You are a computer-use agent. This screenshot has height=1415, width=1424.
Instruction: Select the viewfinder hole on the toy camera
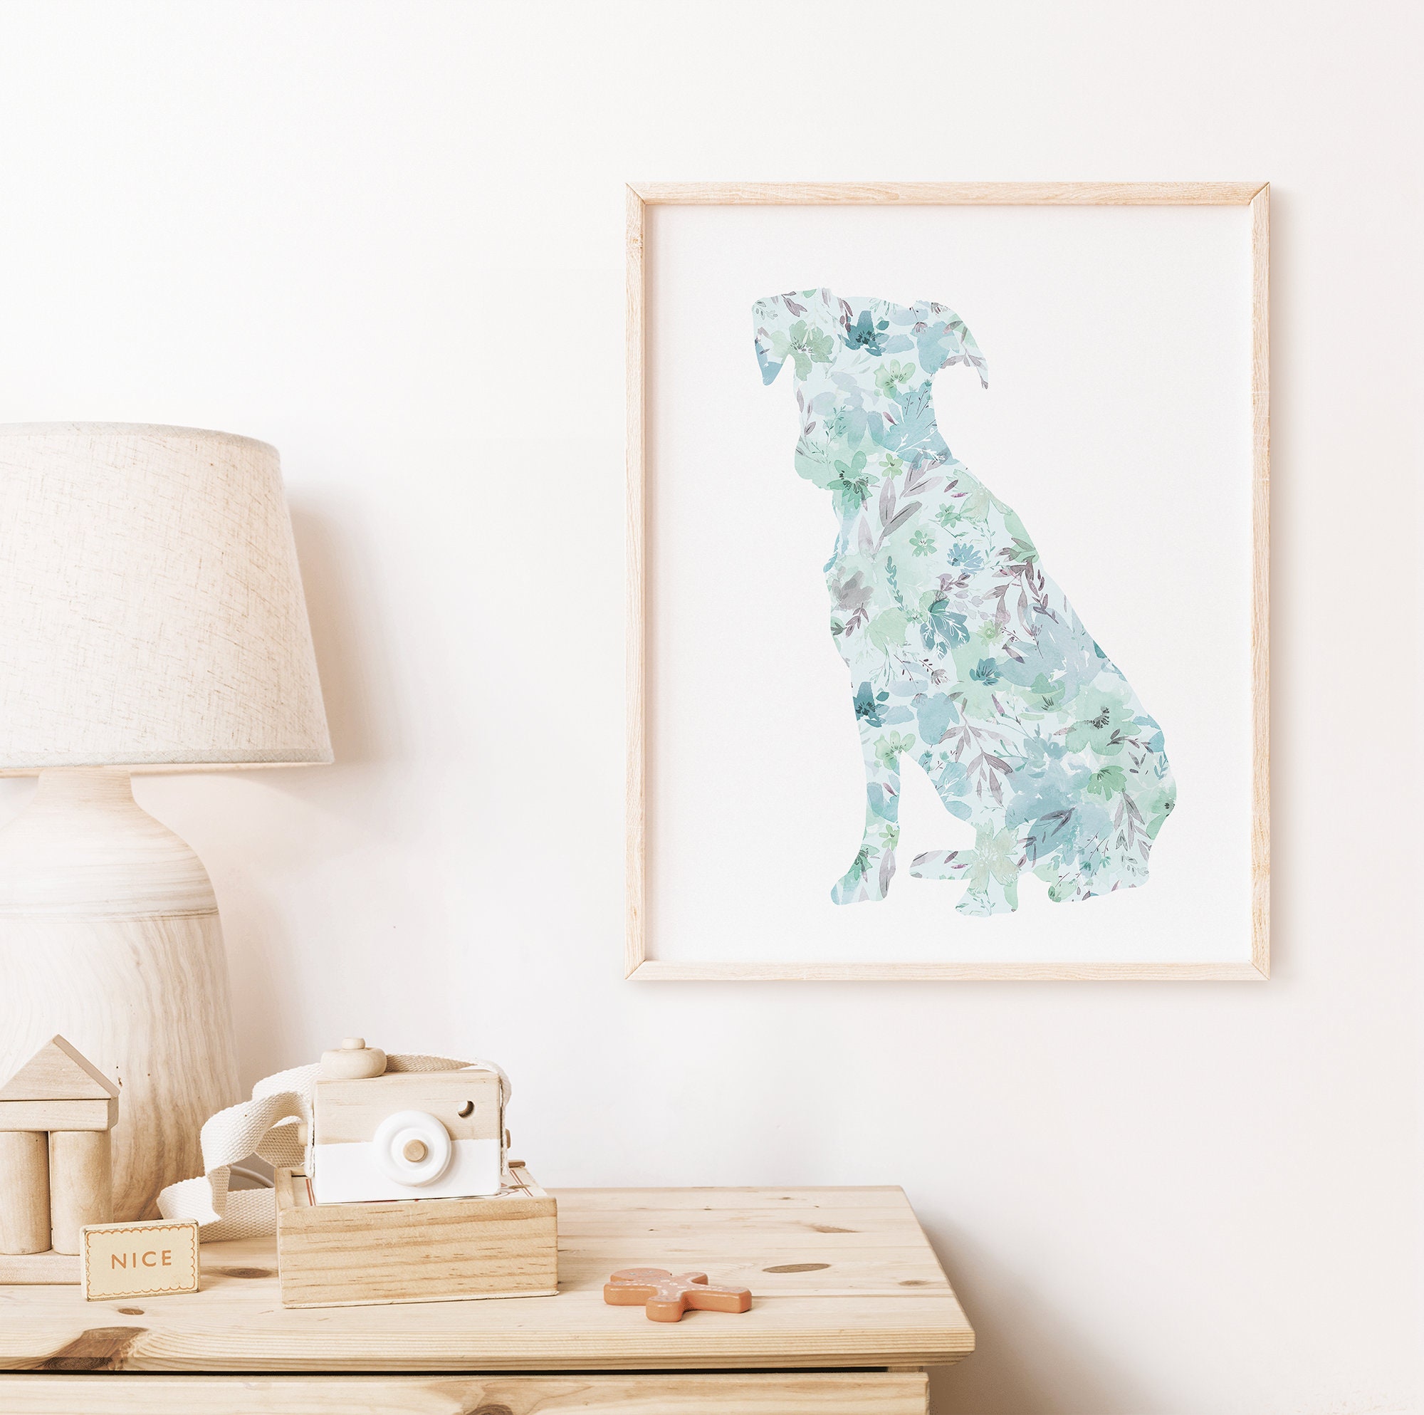pyautogui.click(x=465, y=1107)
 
